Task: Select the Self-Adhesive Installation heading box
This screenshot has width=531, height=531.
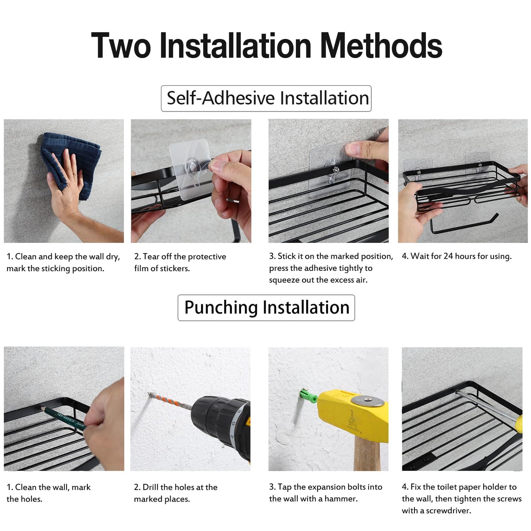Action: (x=266, y=98)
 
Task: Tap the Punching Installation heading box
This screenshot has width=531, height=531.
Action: (x=266, y=308)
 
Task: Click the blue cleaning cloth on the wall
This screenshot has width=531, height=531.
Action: (x=70, y=162)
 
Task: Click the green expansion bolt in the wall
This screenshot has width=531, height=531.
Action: (x=309, y=397)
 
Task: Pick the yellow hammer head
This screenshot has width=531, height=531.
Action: (x=353, y=415)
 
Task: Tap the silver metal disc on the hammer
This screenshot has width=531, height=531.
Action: (x=368, y=401)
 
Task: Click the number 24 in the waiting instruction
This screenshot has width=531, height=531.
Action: (x=448, y=256)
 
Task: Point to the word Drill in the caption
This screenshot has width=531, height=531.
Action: (x=151, y=487)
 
